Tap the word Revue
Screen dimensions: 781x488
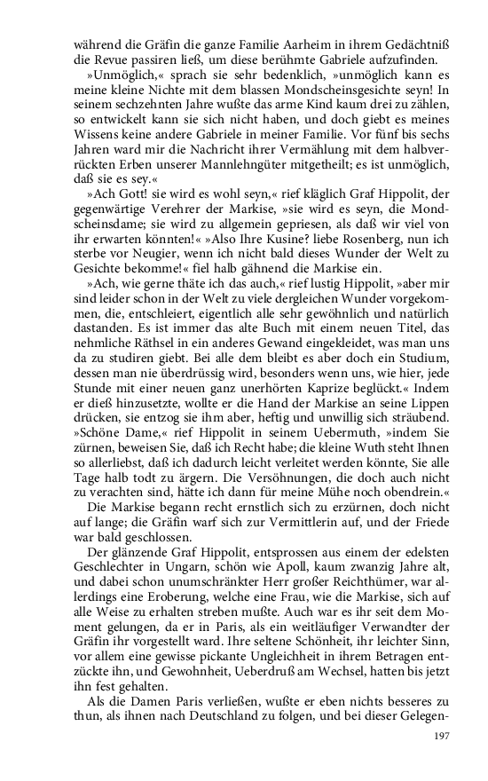coord(117,59)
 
